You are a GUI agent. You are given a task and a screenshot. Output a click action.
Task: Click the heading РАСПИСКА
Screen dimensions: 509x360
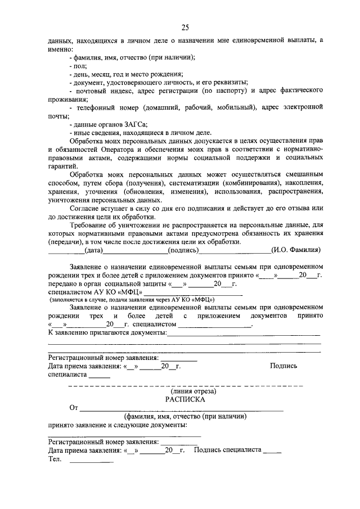click(185, 399)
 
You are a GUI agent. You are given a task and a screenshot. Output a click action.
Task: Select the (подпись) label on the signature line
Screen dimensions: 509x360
click(184, 250)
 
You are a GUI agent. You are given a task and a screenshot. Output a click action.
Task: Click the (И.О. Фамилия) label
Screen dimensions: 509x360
click(296, 250)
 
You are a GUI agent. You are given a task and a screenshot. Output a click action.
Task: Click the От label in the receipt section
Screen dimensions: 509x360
click(73, 408)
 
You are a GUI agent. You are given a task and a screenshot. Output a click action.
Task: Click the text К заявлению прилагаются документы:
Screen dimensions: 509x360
click(107, 334)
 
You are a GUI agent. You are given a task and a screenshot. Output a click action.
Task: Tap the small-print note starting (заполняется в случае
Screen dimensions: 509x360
click(129, 300)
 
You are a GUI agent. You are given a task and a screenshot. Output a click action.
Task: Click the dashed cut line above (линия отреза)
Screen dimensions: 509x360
click(185, 385)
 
